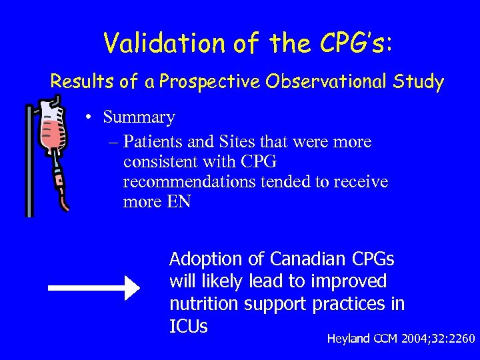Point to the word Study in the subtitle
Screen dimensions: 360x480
(x=419, y=82)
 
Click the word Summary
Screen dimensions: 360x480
(x=139, y=117)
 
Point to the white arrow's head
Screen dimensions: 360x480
(x=131, y=288)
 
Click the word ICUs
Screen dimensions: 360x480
(x=189, y=327)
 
